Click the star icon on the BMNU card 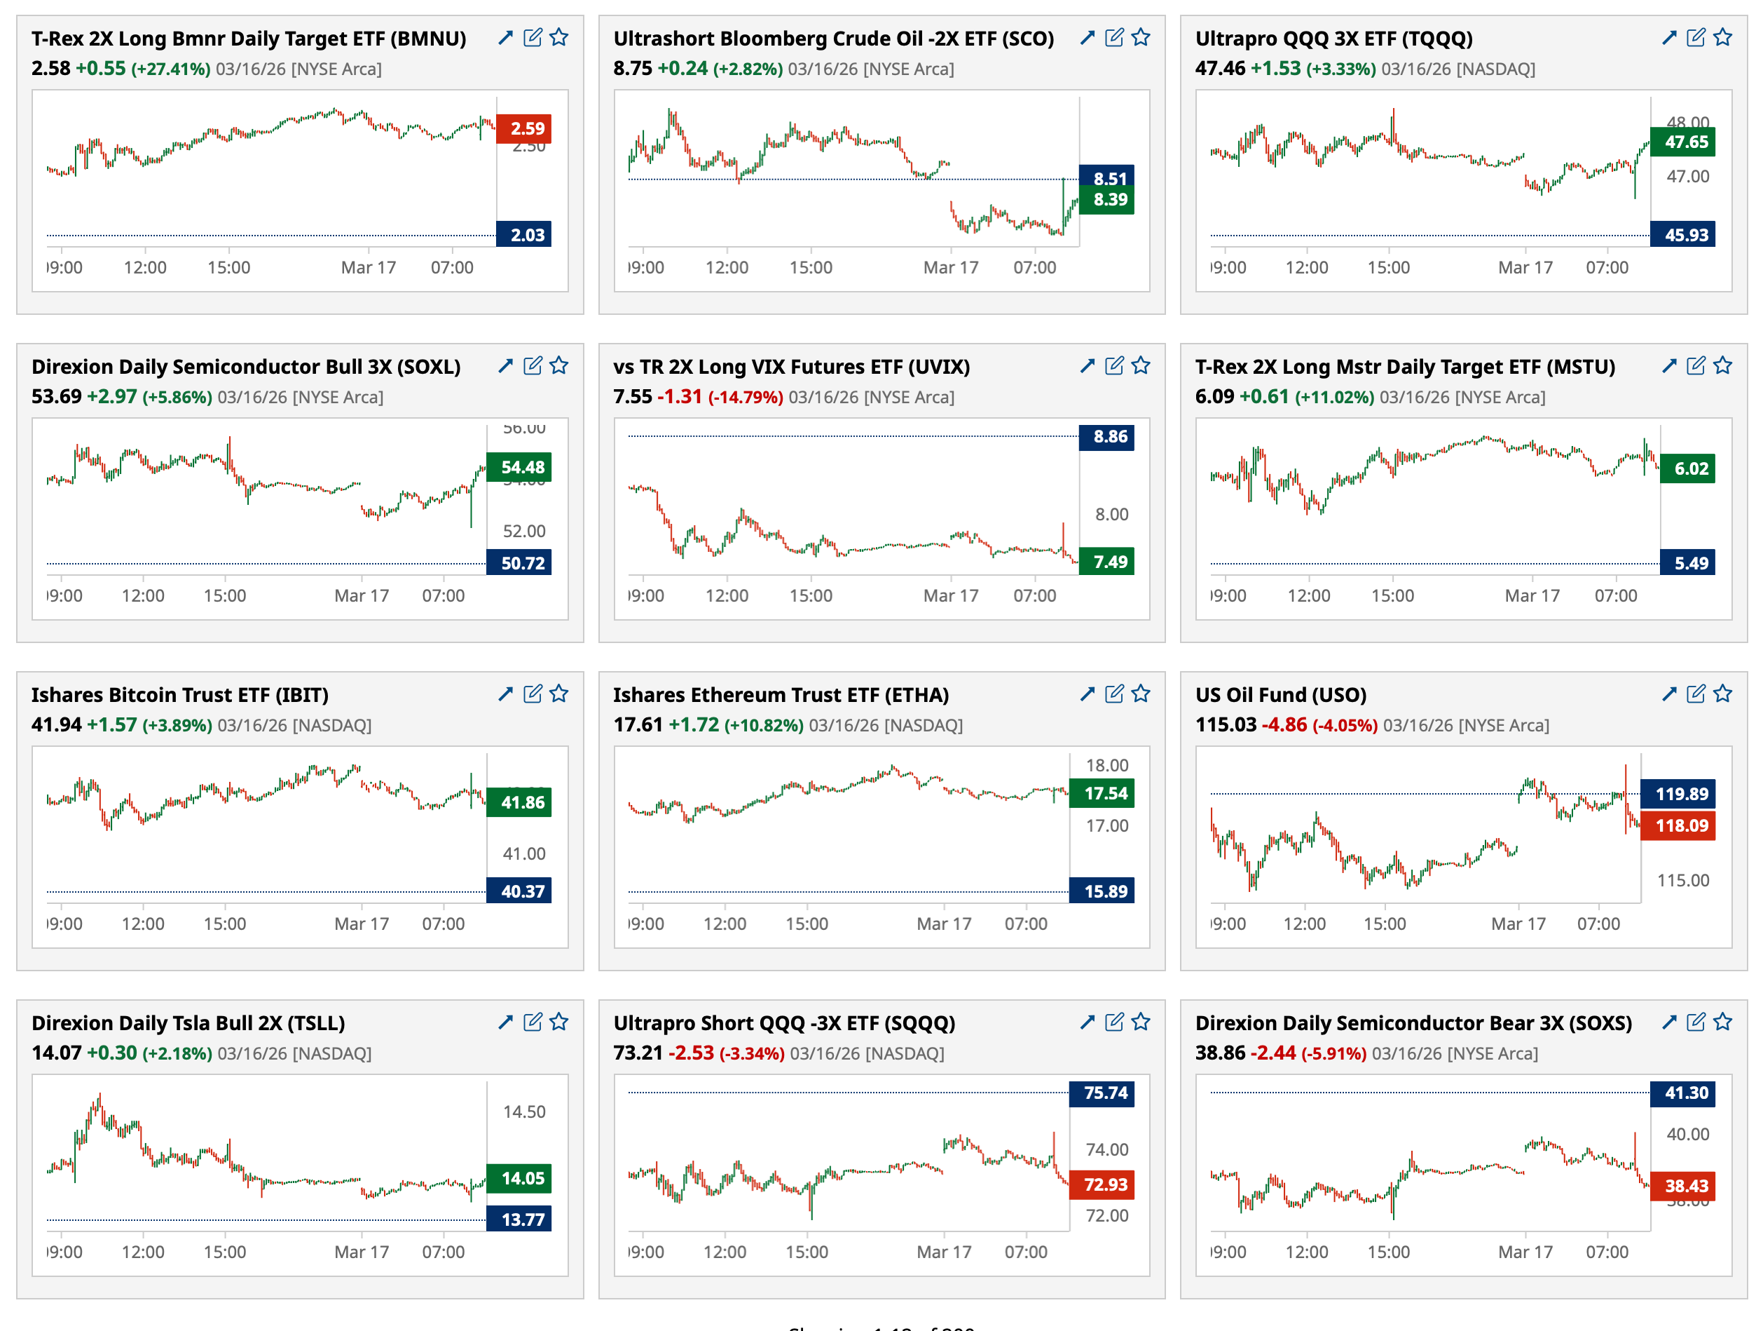pyautogui.click(x=558, y=37)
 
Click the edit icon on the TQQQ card pyautogui.click(x=1695, y=37)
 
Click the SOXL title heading pyautogui.click(x=245, y=366)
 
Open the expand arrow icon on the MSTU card pyautogui.click(x=1669, y=366)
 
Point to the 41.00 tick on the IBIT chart pyautogui.click(x=523, y=853)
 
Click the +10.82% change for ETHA pyautogui.click(x=763, y=725)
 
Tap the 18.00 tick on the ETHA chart pyautogui.click(x=1106, y=766)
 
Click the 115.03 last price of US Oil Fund pyautogui.click(x=1225, y=724)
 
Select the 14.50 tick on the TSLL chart pyautogui.click(x=523, y=1112)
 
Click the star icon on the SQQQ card pyautogui.click(x=1141, y=1022)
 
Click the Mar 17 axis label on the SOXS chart pyautogui.click(x=1525, y=1252)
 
